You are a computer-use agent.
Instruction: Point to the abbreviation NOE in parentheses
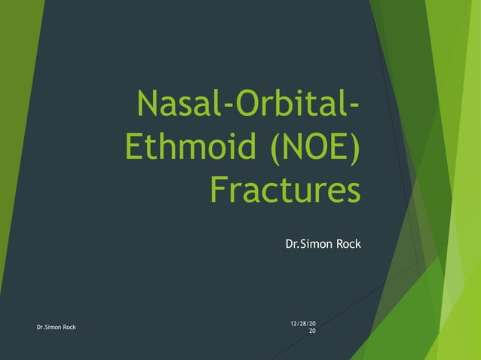(x=310, y=147)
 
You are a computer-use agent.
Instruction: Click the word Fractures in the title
(x=284, y=189)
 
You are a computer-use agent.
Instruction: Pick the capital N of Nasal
(x=148, y=105)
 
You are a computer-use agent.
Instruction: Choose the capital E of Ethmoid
(x=134, y=147)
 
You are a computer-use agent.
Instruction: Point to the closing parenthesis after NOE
(x=354, y=148)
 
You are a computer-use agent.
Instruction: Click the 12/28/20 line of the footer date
(x=303, y=324)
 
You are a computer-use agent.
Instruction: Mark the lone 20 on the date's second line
(x=312, y=331)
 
